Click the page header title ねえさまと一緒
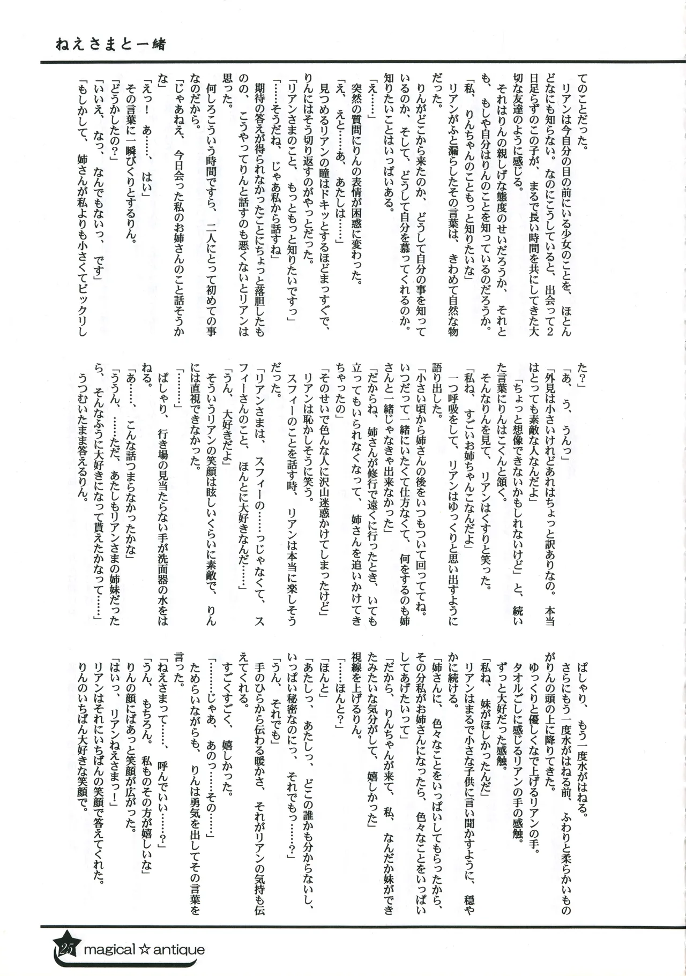tap(110, 44)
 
